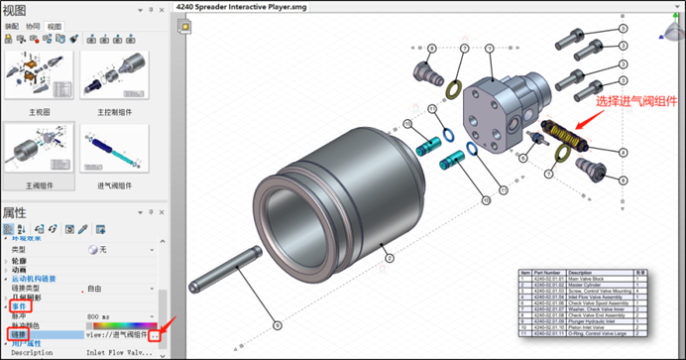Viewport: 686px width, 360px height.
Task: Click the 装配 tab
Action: (12, 26)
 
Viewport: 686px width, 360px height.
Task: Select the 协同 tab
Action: (33, 26)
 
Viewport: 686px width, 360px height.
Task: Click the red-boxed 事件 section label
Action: (20, 306)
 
